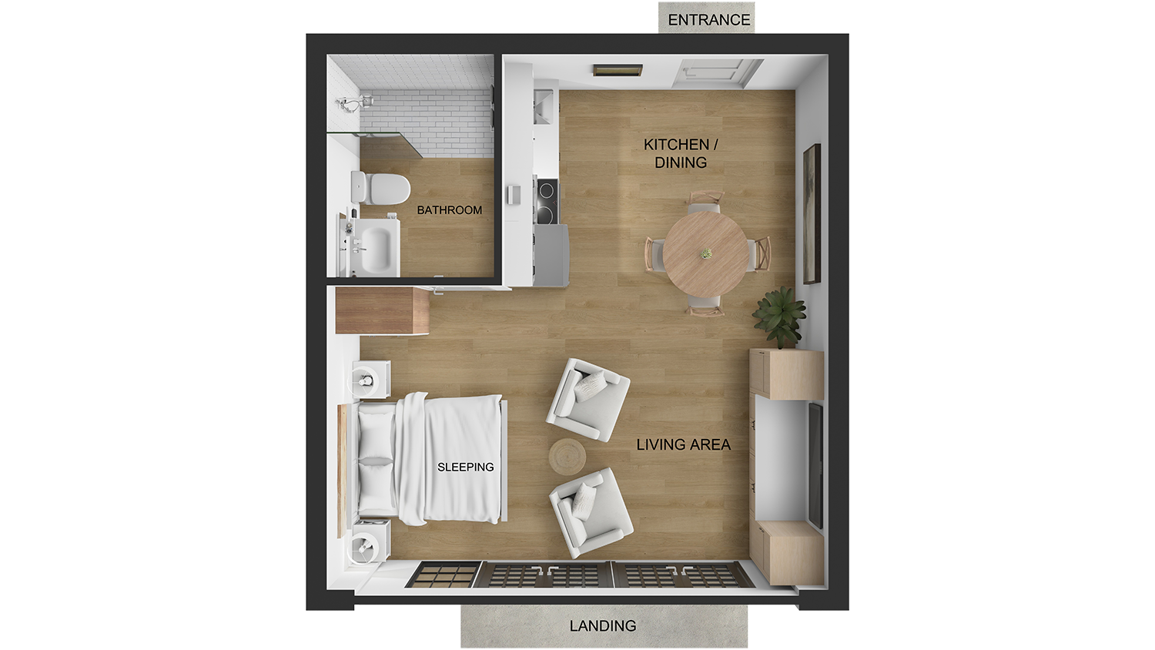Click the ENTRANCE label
[708, 20]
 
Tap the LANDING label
[603, 626]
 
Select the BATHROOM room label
[450, 210]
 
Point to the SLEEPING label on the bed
[465, 467]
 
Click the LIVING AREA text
[683, 444]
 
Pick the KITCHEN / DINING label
[681, 153]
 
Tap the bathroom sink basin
[376, 247]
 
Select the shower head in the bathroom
[348, 104]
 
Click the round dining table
[706, 253]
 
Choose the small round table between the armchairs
[567, 456]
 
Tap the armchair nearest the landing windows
[590, 511]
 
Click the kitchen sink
[543, 106]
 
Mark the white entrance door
[716, 74]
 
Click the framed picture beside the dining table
[812, 213]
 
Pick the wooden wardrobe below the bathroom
[382, 310]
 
